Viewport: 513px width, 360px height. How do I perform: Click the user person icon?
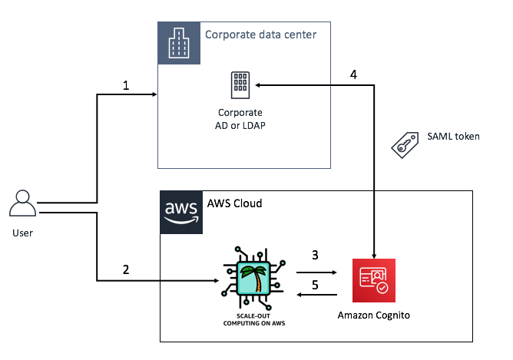[22, 203]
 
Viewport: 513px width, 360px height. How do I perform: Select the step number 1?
[126, 86]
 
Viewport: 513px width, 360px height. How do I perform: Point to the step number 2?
[126, 269]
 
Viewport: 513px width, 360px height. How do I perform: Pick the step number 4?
[353, 75]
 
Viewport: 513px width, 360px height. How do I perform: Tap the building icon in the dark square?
[177, 42]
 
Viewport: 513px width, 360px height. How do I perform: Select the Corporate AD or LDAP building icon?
[240, 84]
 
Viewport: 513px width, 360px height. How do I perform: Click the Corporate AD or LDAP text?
[240, 119]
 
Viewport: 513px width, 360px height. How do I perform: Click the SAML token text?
[453, 137]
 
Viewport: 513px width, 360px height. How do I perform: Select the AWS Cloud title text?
[234, 203]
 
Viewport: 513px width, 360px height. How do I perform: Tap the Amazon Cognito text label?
[374, 315]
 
